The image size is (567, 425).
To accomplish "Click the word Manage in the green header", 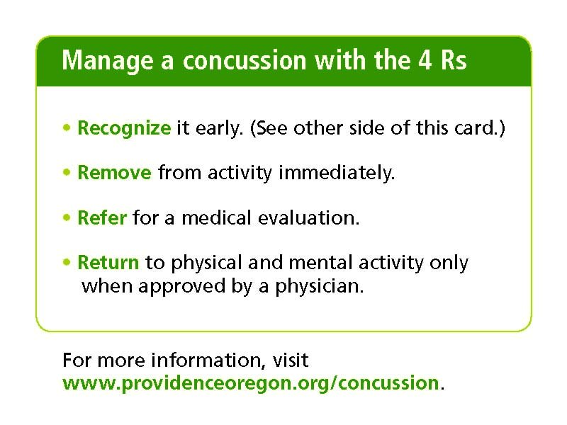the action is tap(108, 61).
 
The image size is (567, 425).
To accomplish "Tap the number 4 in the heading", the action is tap(425, 59).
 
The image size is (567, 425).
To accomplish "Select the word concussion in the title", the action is tap(245, 61).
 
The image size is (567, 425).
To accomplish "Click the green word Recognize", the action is tap(124, 129).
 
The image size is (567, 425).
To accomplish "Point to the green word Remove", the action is tap(114, 173).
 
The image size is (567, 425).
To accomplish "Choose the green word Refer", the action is tap(102, 218).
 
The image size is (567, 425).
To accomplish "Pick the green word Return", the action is tap(108, 263).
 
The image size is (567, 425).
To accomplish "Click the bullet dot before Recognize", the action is tap(67, 127).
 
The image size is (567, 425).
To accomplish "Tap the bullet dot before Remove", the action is tap(67, 172).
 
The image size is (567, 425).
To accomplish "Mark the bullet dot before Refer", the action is tap(67, 217).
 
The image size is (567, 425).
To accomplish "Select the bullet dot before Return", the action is tap(67, 262).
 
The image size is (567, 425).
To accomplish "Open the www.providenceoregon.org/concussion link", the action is tap(251, 383).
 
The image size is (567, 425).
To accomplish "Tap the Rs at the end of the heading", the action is tap(454, 59).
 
